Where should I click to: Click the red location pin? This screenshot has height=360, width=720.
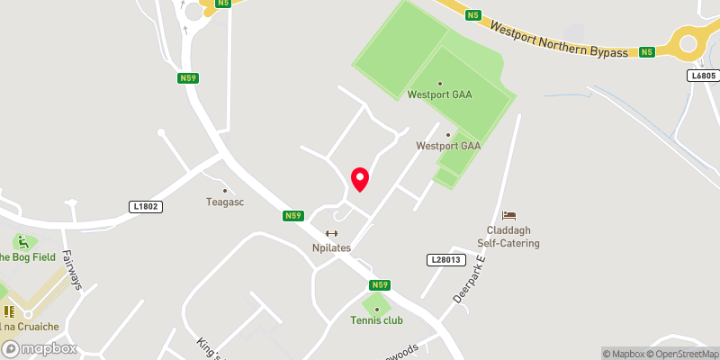(360, 179)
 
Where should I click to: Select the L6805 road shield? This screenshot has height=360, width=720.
(704, 76)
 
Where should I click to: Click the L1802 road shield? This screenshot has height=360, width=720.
(145, 207)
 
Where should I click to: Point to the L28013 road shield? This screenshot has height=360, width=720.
(444, 259)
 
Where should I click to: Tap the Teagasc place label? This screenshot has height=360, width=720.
(225, 202)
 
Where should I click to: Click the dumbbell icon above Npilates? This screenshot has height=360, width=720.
(331, 233)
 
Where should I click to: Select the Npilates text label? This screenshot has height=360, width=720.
(331, 247)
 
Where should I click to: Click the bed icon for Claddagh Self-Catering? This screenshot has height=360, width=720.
(508, 215)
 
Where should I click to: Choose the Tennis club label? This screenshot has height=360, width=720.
(377, 320)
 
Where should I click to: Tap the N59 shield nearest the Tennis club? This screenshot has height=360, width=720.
(379, 285)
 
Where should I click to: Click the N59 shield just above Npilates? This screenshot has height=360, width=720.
(292, 216)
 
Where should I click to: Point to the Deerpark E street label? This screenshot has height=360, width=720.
(471, 279)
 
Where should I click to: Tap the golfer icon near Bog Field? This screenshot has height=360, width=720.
(22, 242)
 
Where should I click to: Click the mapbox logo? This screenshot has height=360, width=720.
(39, 348)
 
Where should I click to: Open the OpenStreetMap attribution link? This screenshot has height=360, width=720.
(681, 354)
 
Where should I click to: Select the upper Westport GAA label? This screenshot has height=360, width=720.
(439, 94)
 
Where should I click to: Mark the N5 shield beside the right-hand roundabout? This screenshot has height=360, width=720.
(646, 52)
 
